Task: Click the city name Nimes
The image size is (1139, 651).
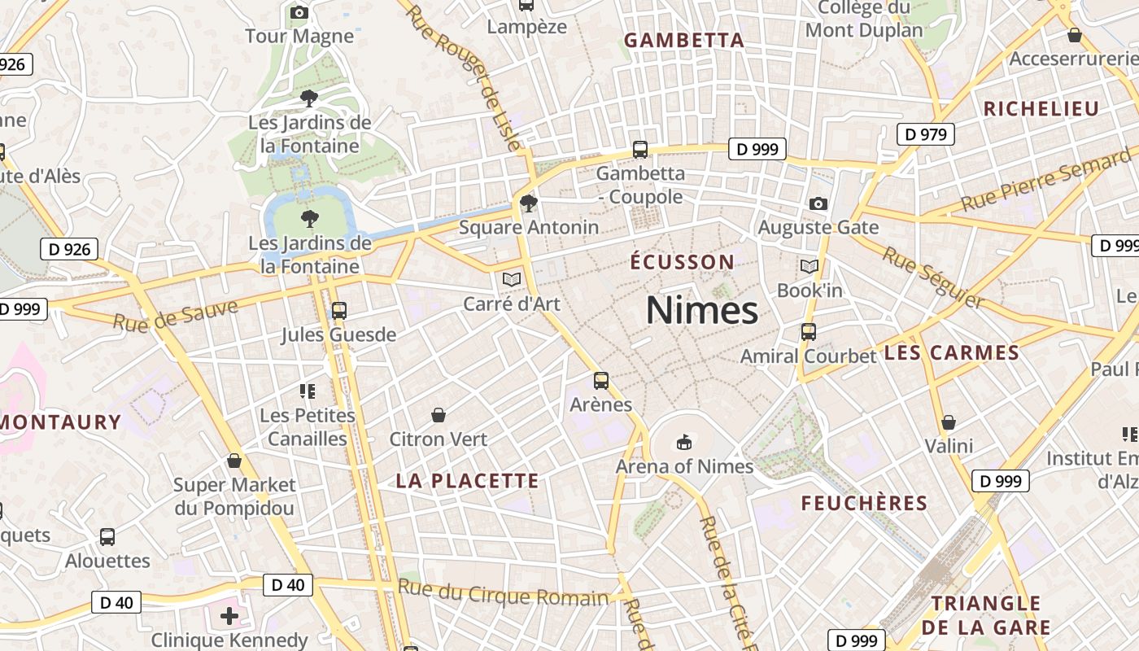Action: [701, 311]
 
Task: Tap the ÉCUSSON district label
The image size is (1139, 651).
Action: [683, 262]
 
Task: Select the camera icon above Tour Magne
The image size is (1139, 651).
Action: [299, 12]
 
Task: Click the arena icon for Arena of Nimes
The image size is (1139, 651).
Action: [684, 443]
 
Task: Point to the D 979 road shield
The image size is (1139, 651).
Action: [925, 134]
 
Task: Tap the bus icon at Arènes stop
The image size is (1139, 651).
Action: [601, 380]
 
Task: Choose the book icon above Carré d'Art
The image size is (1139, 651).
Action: [512, 280]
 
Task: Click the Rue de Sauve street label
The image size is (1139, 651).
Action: [176, 315]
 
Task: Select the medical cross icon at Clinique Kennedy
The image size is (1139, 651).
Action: [229, 616]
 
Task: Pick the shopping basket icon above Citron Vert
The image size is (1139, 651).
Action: [439, 415]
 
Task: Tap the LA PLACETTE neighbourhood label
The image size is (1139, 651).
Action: [467, 481]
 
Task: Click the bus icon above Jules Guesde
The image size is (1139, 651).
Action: [339, 311]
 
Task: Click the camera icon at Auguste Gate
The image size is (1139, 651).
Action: [818, 203]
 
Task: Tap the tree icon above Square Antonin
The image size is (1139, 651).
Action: [529, 203]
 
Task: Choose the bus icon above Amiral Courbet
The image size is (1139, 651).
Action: [808, 332]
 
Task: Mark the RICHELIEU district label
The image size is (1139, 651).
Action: [1041, 109]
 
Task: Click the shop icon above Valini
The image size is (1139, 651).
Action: [949, 422]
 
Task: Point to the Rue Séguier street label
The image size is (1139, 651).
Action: [933, 278]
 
